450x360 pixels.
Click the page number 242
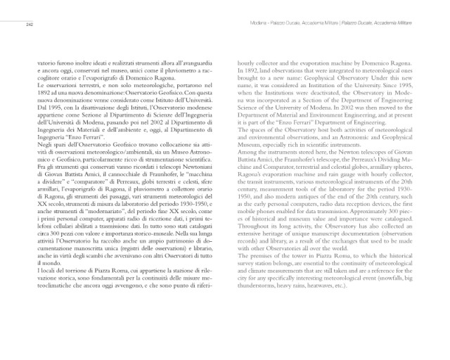30,25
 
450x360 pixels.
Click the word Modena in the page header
261,25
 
